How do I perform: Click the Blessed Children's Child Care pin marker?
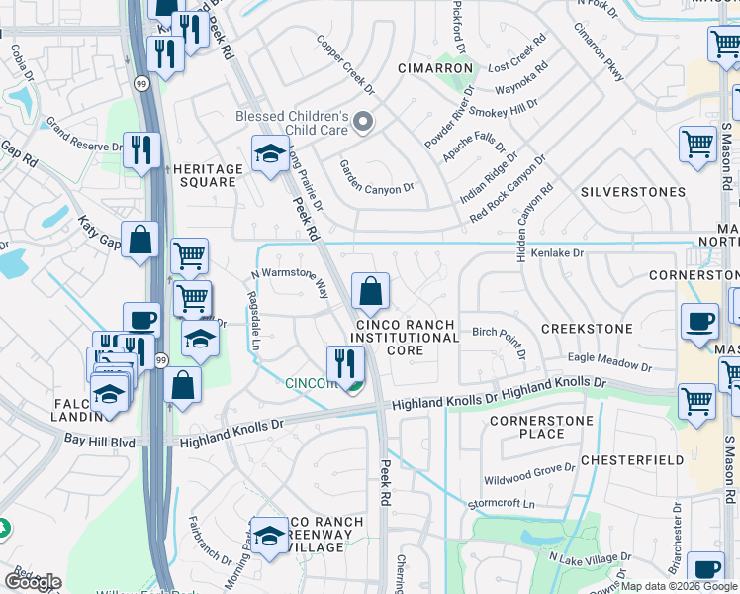pyautogui.click(x=364, y=123)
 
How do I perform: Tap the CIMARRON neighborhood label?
pyautogui.click(x=435, y=68)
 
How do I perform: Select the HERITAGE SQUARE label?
pyautogui.click(x=208, y=176)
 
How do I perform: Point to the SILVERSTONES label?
pyautogui.click(x=633, y=192)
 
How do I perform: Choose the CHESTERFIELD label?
pyautogui.click(x=632, y=460)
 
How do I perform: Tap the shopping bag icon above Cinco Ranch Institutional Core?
pyautogui.click(x=370, y=292)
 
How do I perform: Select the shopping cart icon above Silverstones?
pyautogui.click(x=697, y=145)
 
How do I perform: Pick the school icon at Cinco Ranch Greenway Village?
pyautogui.click(x=268, y=536)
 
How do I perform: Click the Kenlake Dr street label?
pyautogui.click(x=559, y=254)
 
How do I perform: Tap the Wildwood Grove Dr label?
pyautogui.click(x=529, y=474)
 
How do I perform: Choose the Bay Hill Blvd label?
pyautogui.click(x=99, y=440)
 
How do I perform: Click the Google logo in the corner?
pyautogui.click(x=33, y=582)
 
